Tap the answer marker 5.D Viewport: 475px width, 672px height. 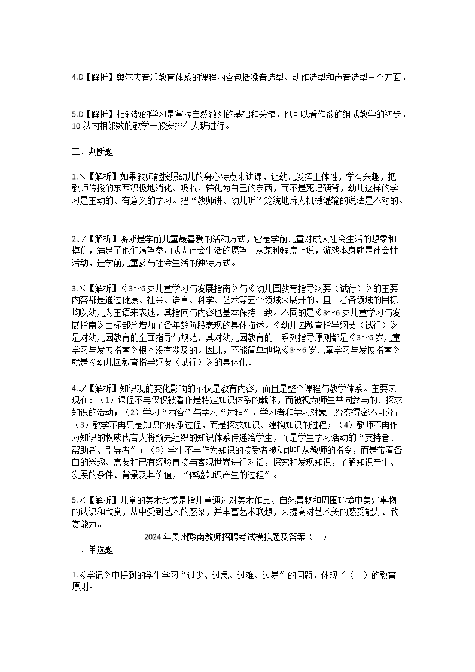tap(77, 114)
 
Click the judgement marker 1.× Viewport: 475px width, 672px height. tap(76, 177)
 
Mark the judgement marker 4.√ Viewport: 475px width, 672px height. tap(77, 387)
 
